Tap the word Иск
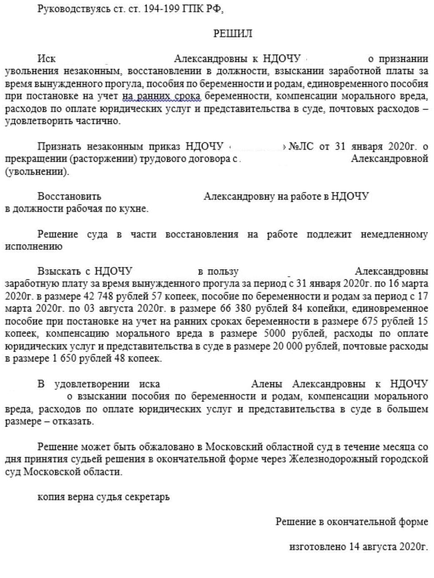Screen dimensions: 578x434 coord(46,59)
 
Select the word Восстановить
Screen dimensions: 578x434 coord(69,196)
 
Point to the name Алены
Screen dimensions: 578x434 coord(267,384)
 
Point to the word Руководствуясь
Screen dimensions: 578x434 coord(72,9)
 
